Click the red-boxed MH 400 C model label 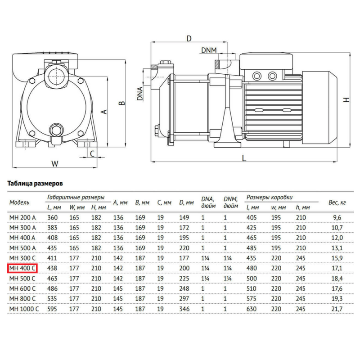tap(22, 269)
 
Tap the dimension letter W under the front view tap(55, 163)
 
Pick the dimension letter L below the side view tap(243, 158)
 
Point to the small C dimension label tap(92, 153)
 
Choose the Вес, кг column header tap(337, 203)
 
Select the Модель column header tap(19, 202)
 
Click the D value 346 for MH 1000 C tap(184, 309)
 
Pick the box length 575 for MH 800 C tap(252, 299)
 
